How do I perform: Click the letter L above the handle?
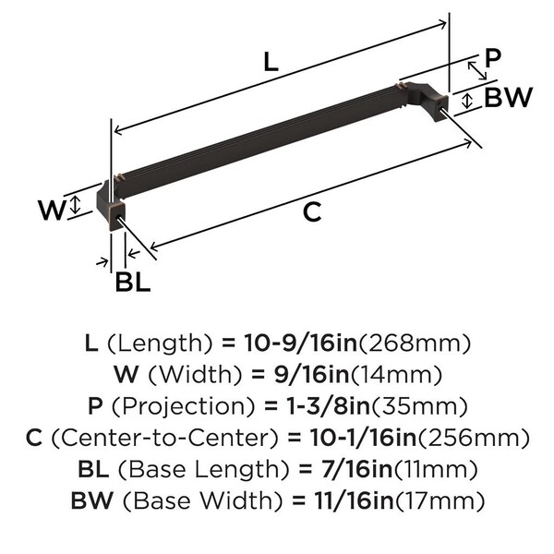[271, 63]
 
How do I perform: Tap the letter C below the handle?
[312, 212]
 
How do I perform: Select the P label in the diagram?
[493, 58]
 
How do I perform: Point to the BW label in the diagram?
[508, 97]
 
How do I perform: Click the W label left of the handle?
[52, 210]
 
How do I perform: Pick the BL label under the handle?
[133, 282]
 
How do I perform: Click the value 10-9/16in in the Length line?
[301, 343]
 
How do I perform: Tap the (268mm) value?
[415, 343]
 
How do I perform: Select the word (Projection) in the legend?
[184, 406]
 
